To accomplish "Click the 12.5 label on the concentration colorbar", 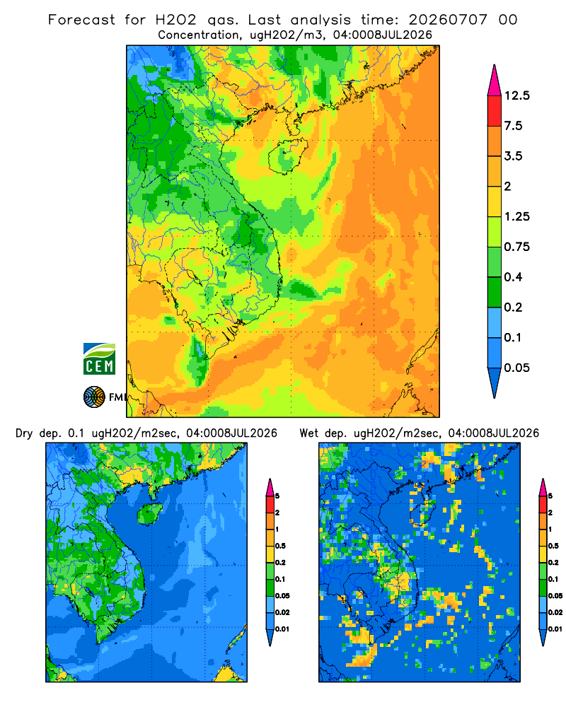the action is click(516, 95).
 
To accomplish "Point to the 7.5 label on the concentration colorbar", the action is click(513, 126).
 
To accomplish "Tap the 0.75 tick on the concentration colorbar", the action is click(517, 247).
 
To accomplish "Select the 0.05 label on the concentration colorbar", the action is click(517, 368).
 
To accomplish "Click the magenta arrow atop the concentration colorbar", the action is click(495, 81).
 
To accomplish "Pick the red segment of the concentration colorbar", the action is click(495, 111).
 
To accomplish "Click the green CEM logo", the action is click(99, 359).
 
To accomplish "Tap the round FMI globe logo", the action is click(94, 397).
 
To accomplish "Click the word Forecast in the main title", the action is click(81, 20).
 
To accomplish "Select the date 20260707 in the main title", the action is click(448, 20).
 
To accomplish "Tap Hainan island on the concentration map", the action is click(287, 156).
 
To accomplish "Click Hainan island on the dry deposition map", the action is click(149, 513).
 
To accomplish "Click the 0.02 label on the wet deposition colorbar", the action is click(555, 612).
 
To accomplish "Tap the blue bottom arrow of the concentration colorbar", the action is click(495, 382).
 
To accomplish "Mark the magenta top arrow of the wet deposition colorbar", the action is click(543, 487).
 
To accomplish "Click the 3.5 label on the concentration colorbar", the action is click(513, 156).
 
